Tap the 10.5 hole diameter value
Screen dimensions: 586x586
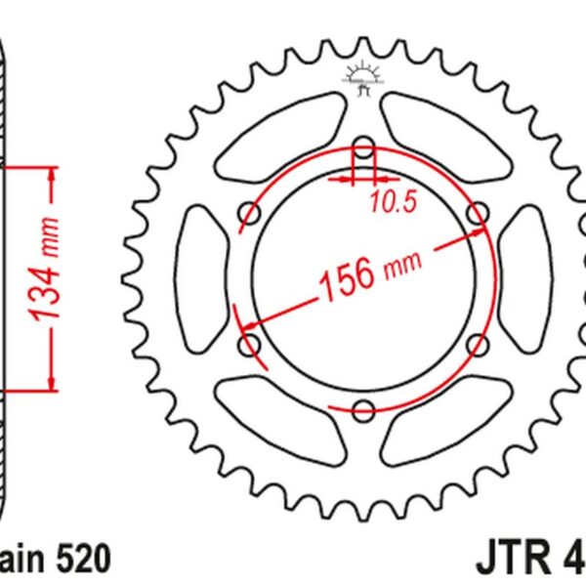394,202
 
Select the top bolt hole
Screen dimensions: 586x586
363,148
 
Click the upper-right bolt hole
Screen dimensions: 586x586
478,213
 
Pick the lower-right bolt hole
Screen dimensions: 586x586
478,345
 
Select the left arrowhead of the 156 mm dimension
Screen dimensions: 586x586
247,324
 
